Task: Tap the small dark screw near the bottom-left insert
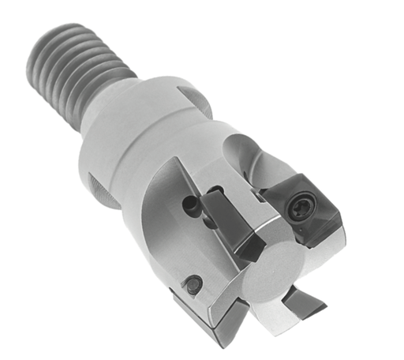tap(192, 283)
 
